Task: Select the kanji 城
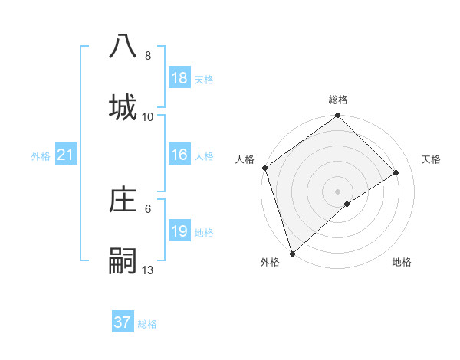[x=123, y=107]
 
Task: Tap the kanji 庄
[x=123, y=201]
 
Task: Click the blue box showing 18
[x=179, y=78]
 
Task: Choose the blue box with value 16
[x=179, y=155]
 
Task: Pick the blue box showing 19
[x=179, y=231]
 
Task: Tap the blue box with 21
[x=66, y=155]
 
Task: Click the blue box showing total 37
[x=123, y=322]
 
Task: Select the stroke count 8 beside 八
[x=148, y=56]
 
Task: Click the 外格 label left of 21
[x=41, y=156]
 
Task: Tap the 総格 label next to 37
[x=147, y=324]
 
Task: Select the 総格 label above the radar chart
[x=338, y=100]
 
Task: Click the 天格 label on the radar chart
[x=432, y=159]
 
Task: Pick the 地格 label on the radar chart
[x=402, y=263]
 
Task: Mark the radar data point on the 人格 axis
[x=264, y=168]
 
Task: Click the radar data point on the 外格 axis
[x=292, y=253]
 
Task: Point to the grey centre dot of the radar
[x=338, y=191]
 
